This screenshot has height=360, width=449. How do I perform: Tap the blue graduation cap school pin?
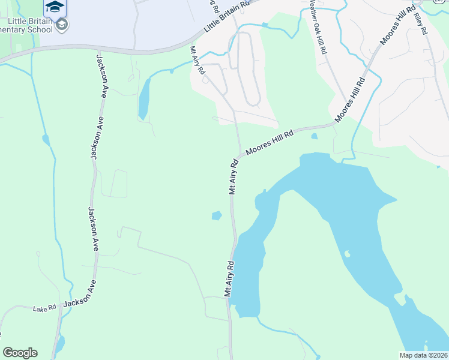[54, 7]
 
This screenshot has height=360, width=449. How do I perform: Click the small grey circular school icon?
[62, 25]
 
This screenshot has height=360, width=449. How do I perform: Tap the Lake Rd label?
[44, 308]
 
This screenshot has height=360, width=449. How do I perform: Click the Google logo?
[20, 352]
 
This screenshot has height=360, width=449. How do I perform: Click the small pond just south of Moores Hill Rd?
[314, 136]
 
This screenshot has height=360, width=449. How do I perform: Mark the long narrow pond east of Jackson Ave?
[144, 98]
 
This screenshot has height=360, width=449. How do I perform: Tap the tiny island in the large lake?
[347, 254]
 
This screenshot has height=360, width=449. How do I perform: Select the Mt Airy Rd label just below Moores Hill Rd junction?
[234, 175]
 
